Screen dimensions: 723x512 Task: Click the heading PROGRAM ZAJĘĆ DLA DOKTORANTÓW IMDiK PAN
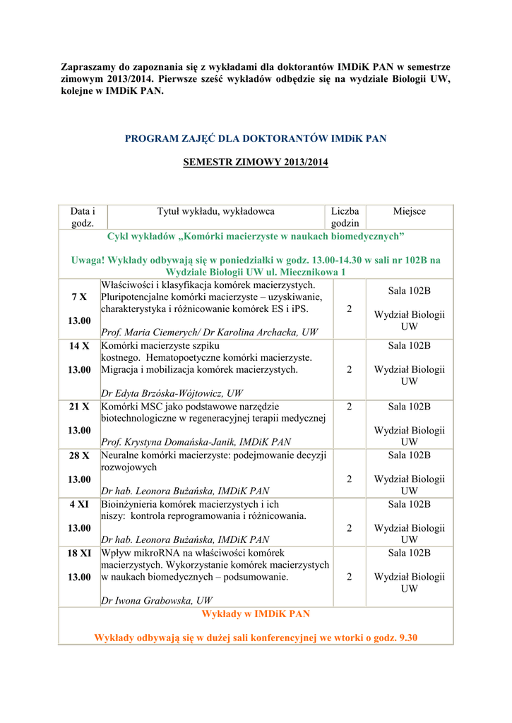(x=256, y=138)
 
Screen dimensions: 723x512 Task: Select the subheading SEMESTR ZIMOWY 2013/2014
(x=256, y=162)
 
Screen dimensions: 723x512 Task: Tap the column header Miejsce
(x=409, y=211)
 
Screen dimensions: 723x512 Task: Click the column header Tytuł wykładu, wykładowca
(x=215, y=211)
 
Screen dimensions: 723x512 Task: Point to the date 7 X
(x=79, y=297)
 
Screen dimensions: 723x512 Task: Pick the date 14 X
(x=79, y=346)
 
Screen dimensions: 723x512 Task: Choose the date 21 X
(x=79, y=407)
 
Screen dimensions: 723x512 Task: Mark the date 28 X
(x=79, y=455)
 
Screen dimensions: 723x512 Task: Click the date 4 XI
(x=79, y=504)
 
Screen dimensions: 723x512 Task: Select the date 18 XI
(x=79, y=553)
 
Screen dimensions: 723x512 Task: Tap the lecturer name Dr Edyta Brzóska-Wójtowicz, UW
(x=172, y=393)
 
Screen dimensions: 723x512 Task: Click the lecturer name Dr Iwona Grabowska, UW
(x=157, y=601)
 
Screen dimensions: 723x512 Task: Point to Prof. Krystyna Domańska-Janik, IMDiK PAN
(x=196, y=442)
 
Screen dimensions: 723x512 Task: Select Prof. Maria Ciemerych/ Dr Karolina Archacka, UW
(x=209, y=332)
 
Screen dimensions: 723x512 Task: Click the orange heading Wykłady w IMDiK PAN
(x=256, y=614)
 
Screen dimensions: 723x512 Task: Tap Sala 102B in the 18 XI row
(x=409, y=553)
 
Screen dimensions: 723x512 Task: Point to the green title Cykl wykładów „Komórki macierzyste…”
(x=256, y=236)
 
